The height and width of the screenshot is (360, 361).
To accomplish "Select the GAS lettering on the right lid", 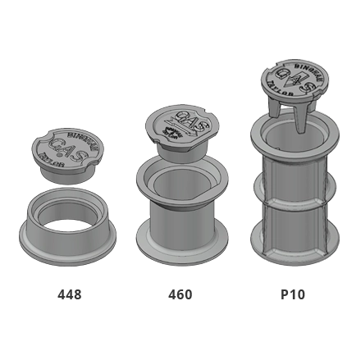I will (288, 78).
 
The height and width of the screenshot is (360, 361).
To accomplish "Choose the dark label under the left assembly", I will (68, 294).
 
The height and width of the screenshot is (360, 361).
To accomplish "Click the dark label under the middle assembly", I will (180, 294).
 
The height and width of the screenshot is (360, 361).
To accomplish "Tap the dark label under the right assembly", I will (290, 294).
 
